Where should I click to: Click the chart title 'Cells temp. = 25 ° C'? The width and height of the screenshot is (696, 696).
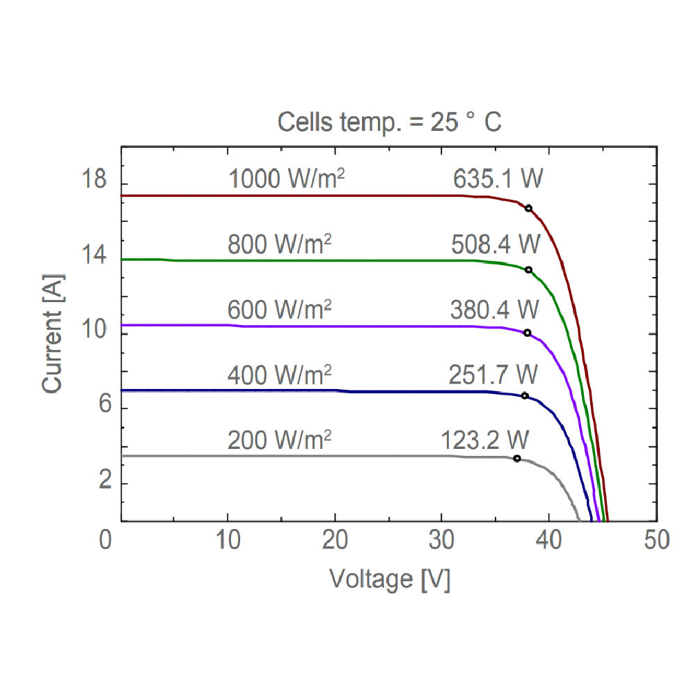389,122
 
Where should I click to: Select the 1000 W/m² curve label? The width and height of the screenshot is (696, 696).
287,180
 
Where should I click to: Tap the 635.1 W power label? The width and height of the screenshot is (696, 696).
498,180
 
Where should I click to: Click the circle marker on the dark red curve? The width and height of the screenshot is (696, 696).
529,209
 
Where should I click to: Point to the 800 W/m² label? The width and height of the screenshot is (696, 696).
279,245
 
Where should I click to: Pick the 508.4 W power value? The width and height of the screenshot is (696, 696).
496,245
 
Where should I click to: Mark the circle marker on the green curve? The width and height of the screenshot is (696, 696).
528,270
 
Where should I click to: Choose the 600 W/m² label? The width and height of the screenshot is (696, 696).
279,308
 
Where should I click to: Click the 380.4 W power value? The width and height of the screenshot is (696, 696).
494,308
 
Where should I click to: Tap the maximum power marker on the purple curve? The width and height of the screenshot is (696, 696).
527,333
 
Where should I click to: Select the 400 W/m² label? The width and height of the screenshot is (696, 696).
279,376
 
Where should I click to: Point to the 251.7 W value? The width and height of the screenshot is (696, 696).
493,376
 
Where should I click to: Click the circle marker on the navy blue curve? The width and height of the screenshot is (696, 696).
525,396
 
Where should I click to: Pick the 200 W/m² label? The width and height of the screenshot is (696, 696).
279,440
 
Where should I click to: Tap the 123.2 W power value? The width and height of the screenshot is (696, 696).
485,440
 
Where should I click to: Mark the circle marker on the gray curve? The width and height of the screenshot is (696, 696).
517,458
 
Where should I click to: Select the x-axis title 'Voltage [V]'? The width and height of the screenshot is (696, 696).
390,579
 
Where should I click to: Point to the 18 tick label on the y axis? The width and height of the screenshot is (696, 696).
94,181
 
